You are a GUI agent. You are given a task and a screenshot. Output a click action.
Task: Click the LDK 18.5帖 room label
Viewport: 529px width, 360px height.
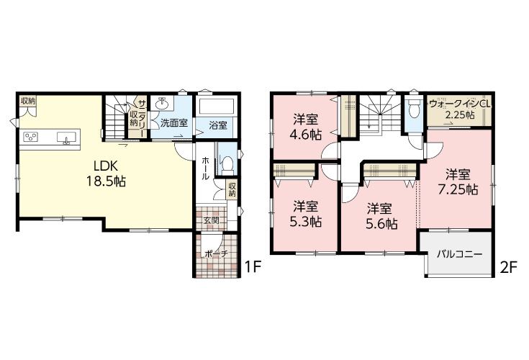(x=106, y=174)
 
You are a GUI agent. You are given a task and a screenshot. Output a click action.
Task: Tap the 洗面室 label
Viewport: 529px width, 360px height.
(x=173, y=123)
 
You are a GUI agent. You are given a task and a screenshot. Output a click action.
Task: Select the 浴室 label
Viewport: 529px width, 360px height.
(x=218, y=125)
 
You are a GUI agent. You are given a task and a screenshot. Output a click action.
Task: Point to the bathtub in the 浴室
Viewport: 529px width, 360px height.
(x=216, y=106)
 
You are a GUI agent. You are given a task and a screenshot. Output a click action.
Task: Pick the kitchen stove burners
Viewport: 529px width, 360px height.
(x=30, y=137)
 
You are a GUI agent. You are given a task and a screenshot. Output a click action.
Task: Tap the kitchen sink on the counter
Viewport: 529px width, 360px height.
(x=66, y=138)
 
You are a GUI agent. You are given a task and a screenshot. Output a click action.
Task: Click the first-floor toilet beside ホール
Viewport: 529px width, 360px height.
(x=227, y=163)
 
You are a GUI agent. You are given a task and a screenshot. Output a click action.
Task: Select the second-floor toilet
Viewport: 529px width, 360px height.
(x=413, y=108)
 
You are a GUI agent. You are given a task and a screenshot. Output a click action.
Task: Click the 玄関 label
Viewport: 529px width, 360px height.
(x=211, y=220)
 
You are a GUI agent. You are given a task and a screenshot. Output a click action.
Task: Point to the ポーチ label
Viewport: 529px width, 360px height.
(x=216, y=253)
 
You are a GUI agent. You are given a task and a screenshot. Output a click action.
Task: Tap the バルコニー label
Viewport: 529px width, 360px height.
(x=459, y=254)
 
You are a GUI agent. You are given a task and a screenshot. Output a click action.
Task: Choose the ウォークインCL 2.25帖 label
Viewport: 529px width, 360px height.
(x=460, y=109)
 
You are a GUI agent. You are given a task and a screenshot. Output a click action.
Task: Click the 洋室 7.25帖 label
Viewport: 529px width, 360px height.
(x=458, y=182)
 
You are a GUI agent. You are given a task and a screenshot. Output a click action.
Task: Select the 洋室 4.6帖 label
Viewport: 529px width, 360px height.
(x=305, y=127)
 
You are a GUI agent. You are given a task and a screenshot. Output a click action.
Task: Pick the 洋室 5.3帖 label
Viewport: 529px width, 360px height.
(x=305, y=215)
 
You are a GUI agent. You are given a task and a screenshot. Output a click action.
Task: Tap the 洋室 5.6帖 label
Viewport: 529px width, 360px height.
(x=380, y=216)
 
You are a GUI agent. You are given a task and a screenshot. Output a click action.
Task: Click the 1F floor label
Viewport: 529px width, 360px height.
(x=253, y=267)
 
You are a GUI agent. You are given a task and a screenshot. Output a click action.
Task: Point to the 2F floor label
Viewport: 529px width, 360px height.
(x=508, y=268)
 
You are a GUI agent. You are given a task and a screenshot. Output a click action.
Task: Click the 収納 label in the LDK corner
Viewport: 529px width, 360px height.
(x=28, y=101)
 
